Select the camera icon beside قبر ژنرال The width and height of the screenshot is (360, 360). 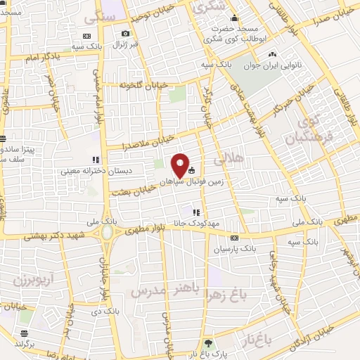point(125,34)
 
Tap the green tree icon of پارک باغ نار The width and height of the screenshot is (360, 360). point(207,344)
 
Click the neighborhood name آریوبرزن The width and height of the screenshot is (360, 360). point(31,279)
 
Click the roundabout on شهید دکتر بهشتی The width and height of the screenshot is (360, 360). point(107,231)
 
